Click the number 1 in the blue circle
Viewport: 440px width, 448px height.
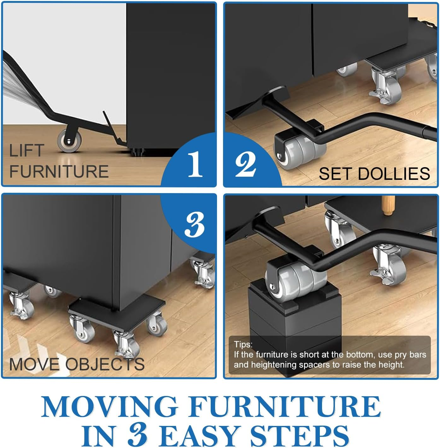[195, 163]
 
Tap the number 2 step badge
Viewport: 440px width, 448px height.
[246, 163]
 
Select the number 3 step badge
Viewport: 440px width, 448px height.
[194, 224]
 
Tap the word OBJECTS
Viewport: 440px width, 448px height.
[105, 364]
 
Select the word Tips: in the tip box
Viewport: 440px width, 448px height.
[243, 345]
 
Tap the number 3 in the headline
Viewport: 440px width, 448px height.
[138, 436]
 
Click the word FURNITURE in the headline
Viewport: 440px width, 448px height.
[286, 407]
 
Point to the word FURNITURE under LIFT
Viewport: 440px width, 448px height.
[59, 171]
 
